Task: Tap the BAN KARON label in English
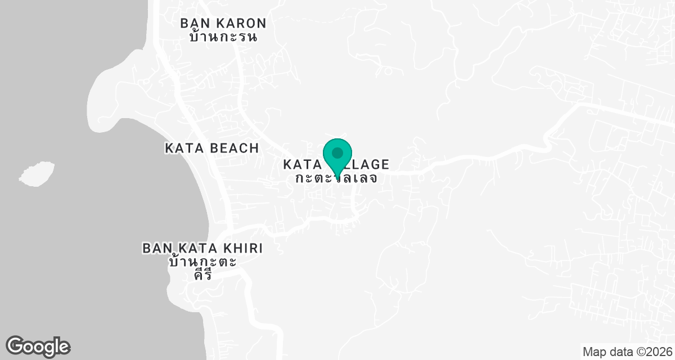pos(223,23)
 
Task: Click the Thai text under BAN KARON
pos(223,38)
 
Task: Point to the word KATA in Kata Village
pos(303,165)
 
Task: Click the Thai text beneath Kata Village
pos(336,178)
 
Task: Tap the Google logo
pos(38,346)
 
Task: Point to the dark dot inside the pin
pos(337,152)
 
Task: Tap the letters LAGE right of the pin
pos(371,165)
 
